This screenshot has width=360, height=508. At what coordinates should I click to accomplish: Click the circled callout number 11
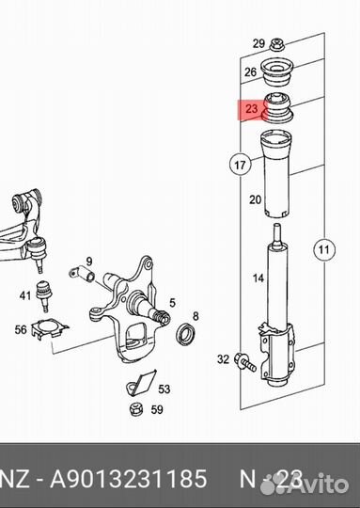coord(324,250)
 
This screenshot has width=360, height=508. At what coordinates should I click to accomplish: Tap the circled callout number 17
coord(240,165)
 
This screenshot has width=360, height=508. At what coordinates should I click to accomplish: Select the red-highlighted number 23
coord(251,108)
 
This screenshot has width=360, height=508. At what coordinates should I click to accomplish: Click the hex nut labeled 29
coord(276,45)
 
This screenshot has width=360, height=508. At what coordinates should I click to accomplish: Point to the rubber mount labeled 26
coord(277,72)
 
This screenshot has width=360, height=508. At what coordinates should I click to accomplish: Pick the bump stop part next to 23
coord(278,107)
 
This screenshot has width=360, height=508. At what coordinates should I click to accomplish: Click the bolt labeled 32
coord(245,362)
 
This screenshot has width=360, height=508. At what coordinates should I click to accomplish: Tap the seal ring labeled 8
coord(186,333)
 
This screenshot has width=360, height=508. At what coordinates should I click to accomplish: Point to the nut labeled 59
coord(136,409)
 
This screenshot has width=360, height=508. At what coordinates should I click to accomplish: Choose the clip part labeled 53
coord(142,383)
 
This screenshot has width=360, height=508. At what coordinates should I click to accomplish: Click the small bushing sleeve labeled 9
coord(82,273)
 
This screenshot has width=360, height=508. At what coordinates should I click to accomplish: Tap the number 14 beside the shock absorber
coord(258,278)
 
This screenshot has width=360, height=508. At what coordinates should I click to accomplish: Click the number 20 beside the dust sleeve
coord(255,199)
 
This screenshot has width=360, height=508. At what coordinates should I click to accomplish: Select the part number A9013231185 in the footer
coord(128,478)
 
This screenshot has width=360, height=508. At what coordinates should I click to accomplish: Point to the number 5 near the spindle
coord(172,303)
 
